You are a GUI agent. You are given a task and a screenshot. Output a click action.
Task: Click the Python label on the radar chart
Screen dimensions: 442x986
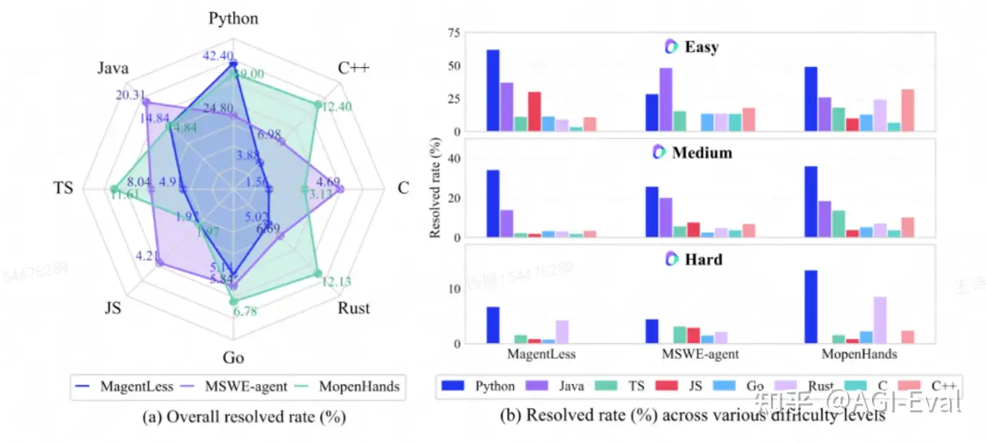tap(233, 19)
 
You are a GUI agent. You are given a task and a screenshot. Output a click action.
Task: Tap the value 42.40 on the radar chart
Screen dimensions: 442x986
tap(218, 56)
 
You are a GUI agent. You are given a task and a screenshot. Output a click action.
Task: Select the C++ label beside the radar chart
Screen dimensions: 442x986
tap(353, 69)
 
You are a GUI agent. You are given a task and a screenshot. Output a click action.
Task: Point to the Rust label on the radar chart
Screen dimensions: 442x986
tap(354, 308)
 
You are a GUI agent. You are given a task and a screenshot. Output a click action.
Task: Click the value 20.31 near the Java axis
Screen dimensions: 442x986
tap(131, 95)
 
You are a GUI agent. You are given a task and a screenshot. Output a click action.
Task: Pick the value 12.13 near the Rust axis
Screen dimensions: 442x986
tap(336, 282)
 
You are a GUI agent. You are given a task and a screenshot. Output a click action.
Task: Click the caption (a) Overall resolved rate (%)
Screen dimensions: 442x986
tap(233, 417)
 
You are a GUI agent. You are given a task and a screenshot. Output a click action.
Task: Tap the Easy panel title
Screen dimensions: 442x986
tap(701, 48)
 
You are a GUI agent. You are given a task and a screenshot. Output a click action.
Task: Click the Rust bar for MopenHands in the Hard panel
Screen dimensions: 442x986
tap(879, 320)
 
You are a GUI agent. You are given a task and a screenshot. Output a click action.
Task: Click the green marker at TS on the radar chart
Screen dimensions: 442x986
tap(113, 190)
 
